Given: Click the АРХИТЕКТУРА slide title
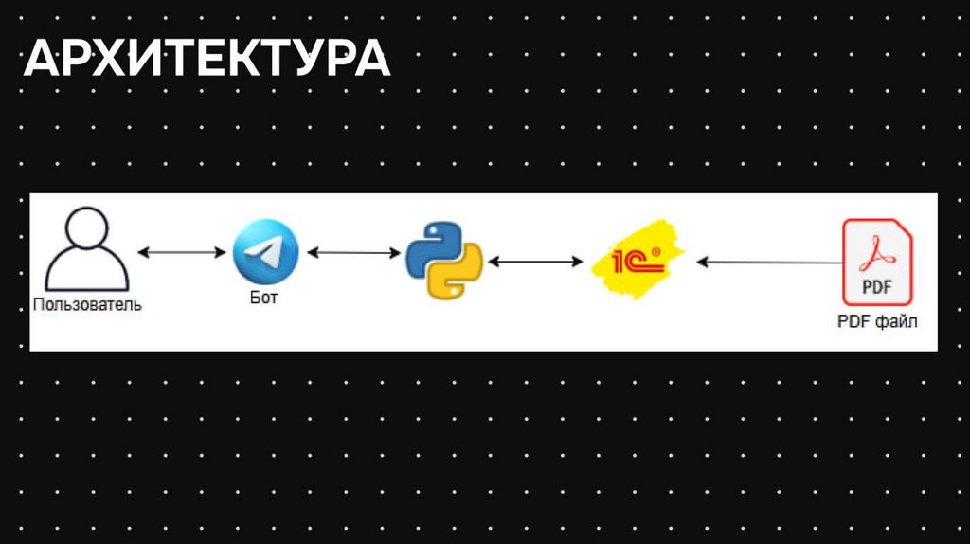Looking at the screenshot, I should (207, 59).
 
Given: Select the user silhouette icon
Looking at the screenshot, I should (87, 250).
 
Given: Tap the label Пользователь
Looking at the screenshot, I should (87, 305).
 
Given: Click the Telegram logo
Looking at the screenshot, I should (265, 252).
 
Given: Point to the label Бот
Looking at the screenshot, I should (265, 298).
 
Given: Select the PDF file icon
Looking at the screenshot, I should (877, 262).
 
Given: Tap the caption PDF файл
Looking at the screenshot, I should (877, 322).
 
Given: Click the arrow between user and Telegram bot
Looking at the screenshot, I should (180, 253).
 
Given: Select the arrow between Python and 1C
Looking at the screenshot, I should (536, 261).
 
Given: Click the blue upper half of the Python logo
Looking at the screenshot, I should (432, 243).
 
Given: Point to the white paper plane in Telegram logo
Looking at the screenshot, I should (264, 252).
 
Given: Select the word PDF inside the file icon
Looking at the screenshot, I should (878, 285).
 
